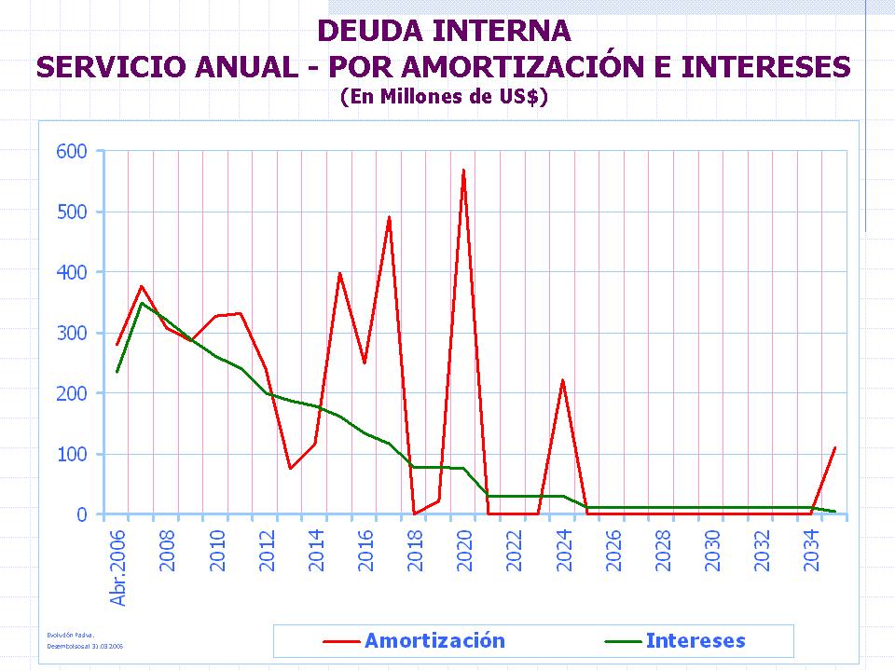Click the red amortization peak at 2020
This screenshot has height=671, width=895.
(x=463, y=171)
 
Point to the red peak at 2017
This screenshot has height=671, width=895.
(x=389, y=217)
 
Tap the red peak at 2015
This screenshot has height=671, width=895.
(x=339, y=273)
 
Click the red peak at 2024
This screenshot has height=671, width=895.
(x=562, y=380)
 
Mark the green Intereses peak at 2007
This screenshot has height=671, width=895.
(x=142, y=303)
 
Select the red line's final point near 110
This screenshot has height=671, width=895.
(x=834, y=447)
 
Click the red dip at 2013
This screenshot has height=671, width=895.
(x=290, y=468)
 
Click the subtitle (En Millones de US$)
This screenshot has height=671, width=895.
(x=444, y=96)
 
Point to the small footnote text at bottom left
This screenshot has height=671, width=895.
(x=86, y=639)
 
